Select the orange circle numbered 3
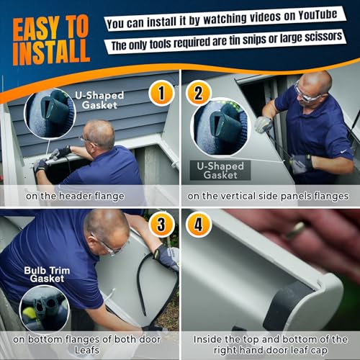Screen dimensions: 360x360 tap(162, 225)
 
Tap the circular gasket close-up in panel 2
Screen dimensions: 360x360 tap(219, 127)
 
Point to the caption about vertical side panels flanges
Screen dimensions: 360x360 tap(269, 195)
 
